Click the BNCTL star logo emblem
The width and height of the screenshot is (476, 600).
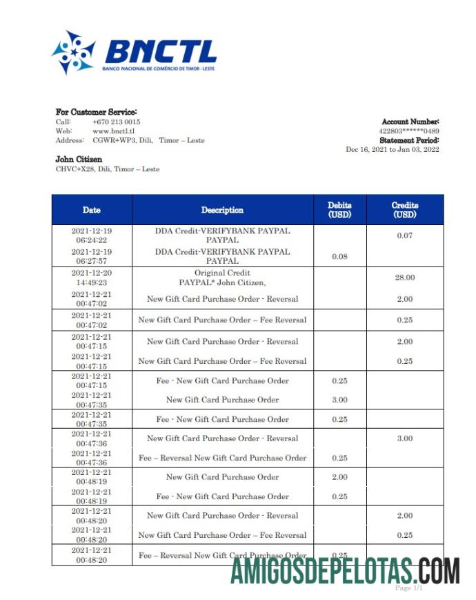point(73,52)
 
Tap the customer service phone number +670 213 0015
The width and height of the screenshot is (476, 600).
point(116,122)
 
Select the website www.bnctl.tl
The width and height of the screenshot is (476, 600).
point(113,131)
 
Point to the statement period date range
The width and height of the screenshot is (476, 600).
point(392,150)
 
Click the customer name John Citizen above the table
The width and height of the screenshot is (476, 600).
point(79,159)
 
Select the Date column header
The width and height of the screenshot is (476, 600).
point(91,210)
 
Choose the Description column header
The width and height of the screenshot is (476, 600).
point(222,210)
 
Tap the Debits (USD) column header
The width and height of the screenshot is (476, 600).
point(339,210)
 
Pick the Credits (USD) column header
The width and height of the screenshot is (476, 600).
point(405,210)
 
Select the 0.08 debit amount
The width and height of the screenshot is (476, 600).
point(339,257)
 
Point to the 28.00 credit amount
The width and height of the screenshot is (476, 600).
point(405,278)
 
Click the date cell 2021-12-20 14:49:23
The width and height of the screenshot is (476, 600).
point(91,278)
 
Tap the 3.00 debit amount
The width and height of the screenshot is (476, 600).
point(339,400)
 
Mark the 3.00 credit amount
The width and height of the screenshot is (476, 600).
point(405,438)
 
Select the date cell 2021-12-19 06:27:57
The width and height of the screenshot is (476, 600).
point(91,257)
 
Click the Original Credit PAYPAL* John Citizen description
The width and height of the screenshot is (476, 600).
point(222,278)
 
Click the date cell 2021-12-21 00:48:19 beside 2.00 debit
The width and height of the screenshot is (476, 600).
point(91,477)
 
